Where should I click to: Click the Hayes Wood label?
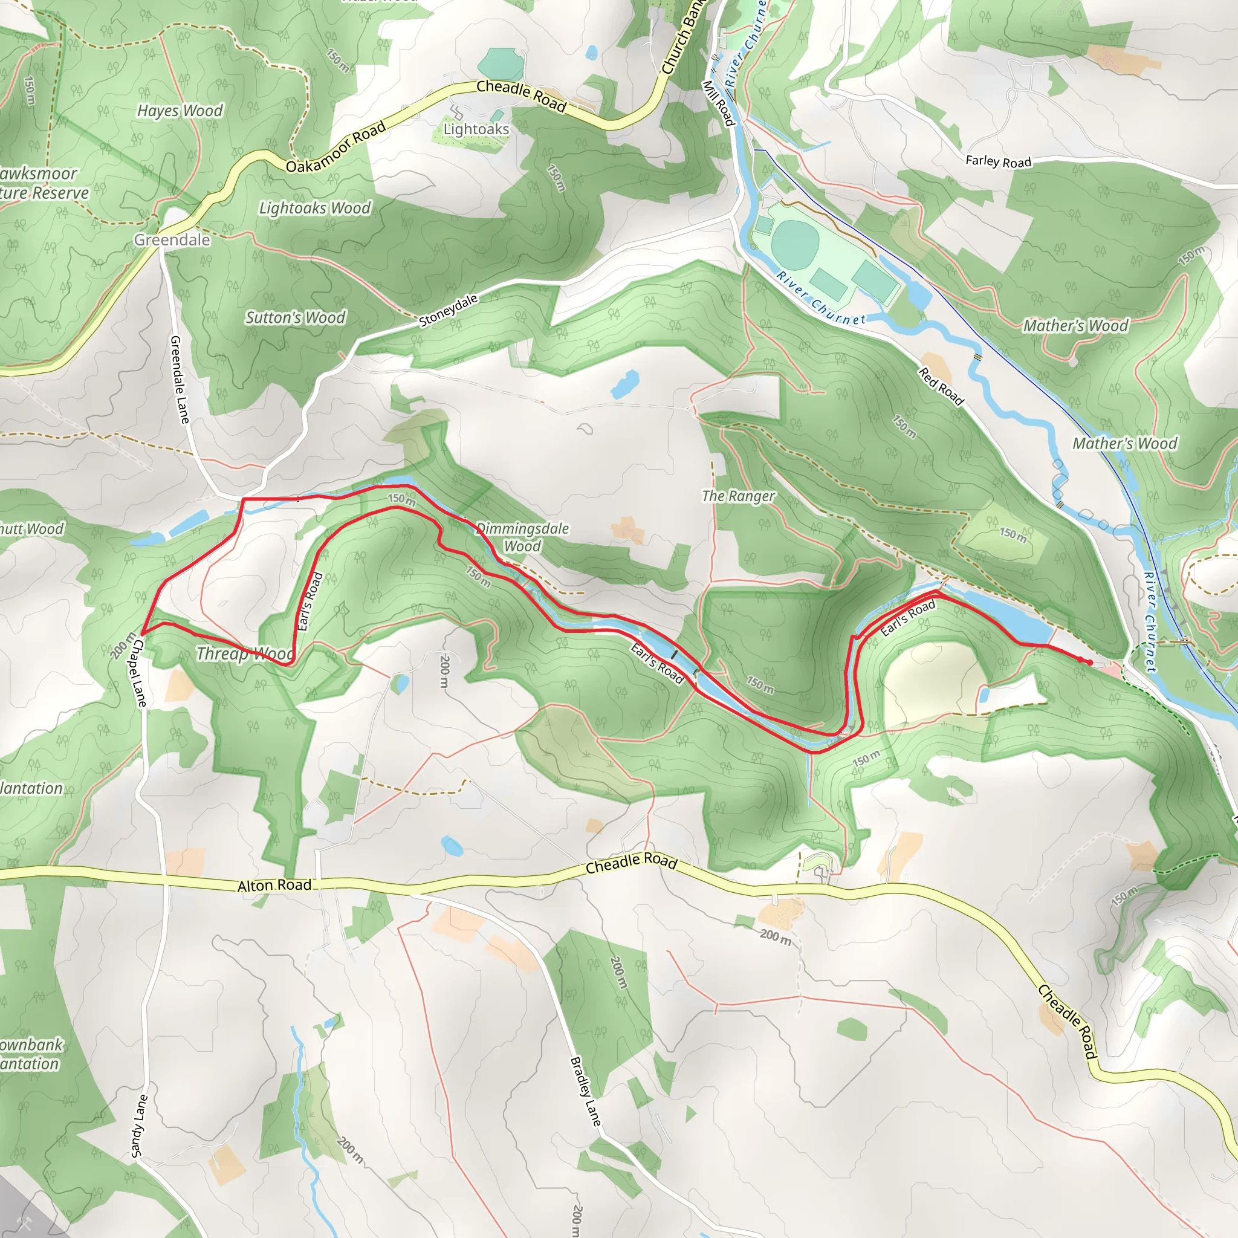pyautogui.click(x=180, y=111)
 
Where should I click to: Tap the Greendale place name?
pyautogui.click(x=172, y=239)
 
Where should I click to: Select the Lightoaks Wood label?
pyautogui.click(x=314, y=209)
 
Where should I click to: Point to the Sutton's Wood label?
pyautogui.click(x=296, y=318)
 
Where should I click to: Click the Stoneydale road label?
pyautogui.click(x=448, y=311)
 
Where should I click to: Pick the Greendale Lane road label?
pyautogui.click(x=180, y=380)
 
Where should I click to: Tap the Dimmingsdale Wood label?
pyautogui.click(x=522, y=537)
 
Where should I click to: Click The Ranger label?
pyautogui.click(x=738, y=496)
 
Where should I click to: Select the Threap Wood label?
pyautogui.click(x=245, y=653)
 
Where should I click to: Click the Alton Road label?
pyautogui.click(x=274, y=886)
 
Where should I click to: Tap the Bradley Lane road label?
pyautogui.click(x=586, y=1091)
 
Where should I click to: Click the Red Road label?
pyautogui.click(x=941, y=386)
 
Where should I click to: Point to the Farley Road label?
pyautogui.click(x=999, y=161)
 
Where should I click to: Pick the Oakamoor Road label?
pyautogui.click(x=335, y=147)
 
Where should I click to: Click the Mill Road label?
pyautogui.click(x=718, y=103)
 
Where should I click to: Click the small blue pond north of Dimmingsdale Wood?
pyautogui.click(x=625, y=384)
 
